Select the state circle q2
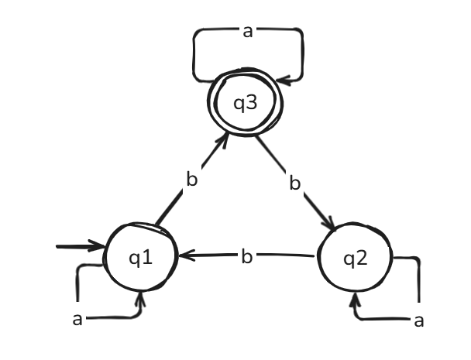coord(356,259)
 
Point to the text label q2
coord(356,259)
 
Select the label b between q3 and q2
coord(294,183)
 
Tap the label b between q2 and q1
coord(246,256)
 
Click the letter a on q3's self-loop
coord(248,32)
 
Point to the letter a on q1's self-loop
coord(77,317)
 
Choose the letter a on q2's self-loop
coord(419,320)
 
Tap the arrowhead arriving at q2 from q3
coord(331,226)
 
